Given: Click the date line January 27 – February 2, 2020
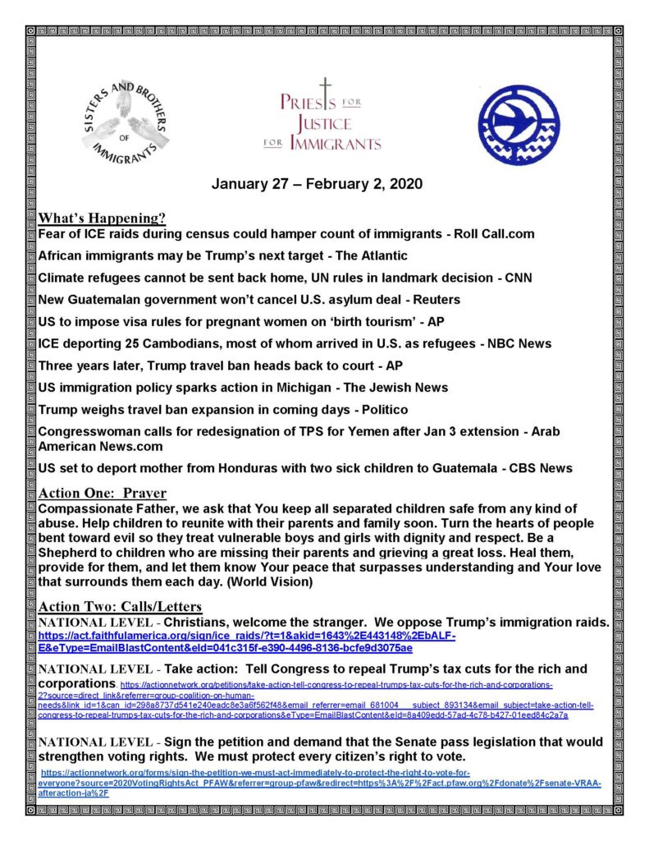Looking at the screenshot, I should click(x=318, y=183).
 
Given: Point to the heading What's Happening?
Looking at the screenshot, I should click(x=103, y=218).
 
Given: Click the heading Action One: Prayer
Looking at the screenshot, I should click(x=103, y=494).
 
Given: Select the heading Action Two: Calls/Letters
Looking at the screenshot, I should click(x=120, y=607).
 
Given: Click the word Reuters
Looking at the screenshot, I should click(x=434, y=300).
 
